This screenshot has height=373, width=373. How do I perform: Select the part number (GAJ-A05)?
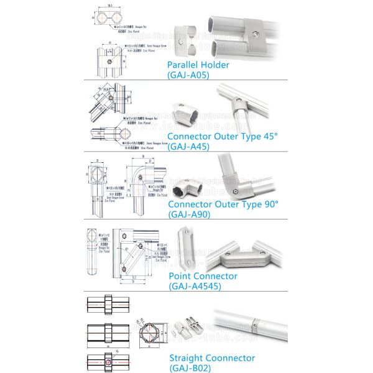pos(188,75)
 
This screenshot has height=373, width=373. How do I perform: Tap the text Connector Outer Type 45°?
pos(222,136)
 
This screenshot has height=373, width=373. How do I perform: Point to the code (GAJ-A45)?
pos(188,147)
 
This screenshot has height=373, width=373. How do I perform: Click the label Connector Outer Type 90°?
pos(223,203)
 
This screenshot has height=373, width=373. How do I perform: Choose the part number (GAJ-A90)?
pos(189,214)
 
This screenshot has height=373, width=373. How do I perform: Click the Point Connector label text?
pos(203,275)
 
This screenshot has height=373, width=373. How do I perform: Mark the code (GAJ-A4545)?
pos(194,286)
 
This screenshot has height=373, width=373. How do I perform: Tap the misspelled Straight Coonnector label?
pos(212,357)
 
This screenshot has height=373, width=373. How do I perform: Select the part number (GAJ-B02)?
pos(190,368)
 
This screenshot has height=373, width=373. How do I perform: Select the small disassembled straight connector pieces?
pos(186,325)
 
